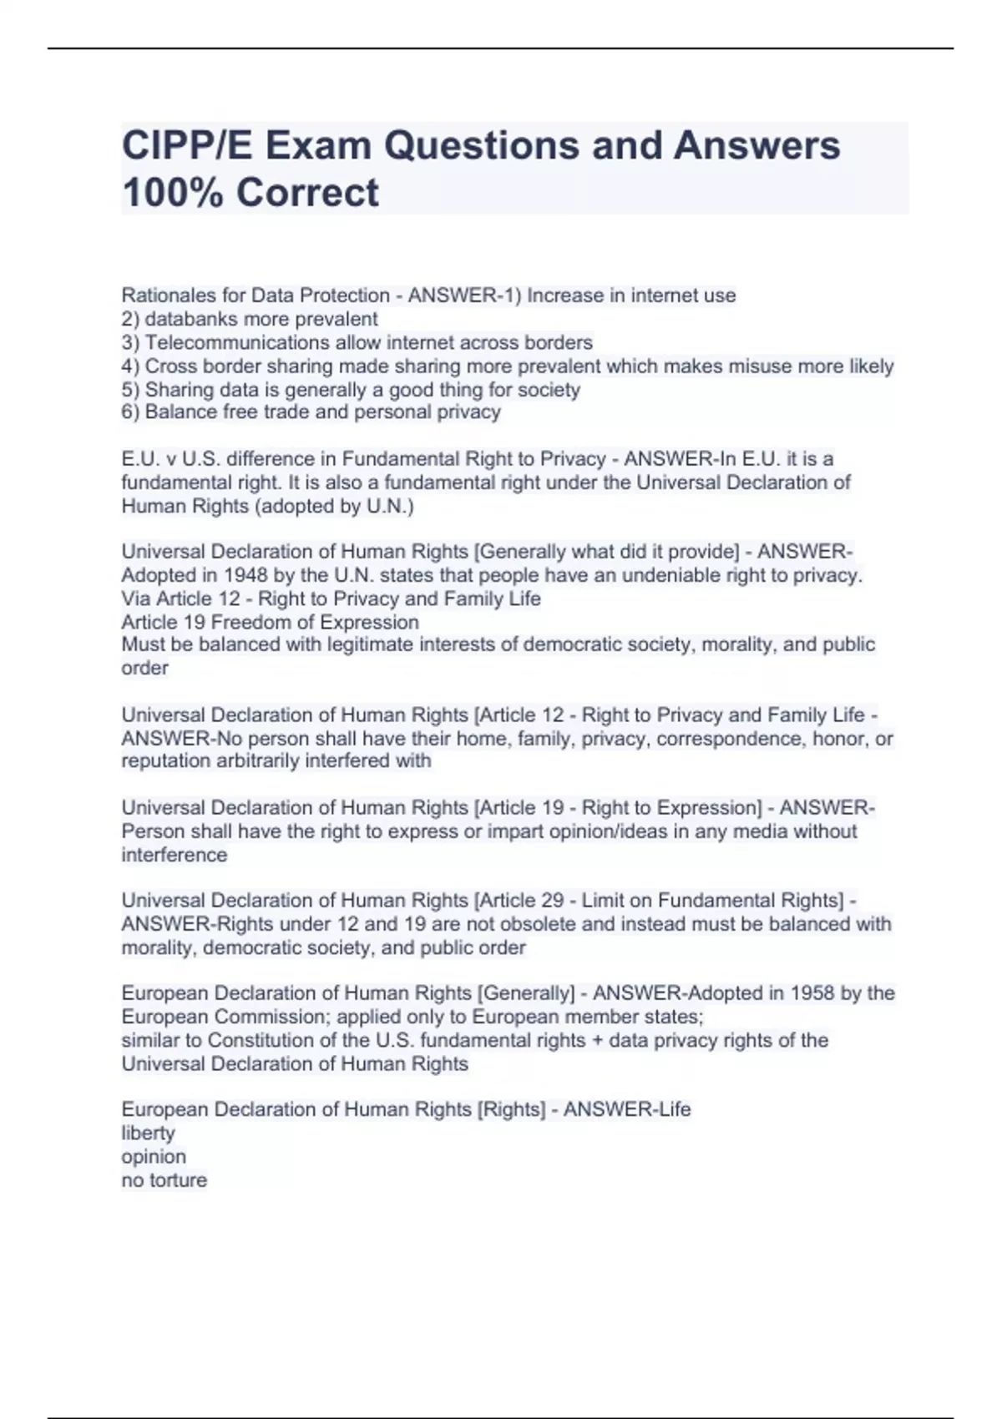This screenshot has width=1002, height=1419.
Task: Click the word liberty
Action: [x=149, y=1134]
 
